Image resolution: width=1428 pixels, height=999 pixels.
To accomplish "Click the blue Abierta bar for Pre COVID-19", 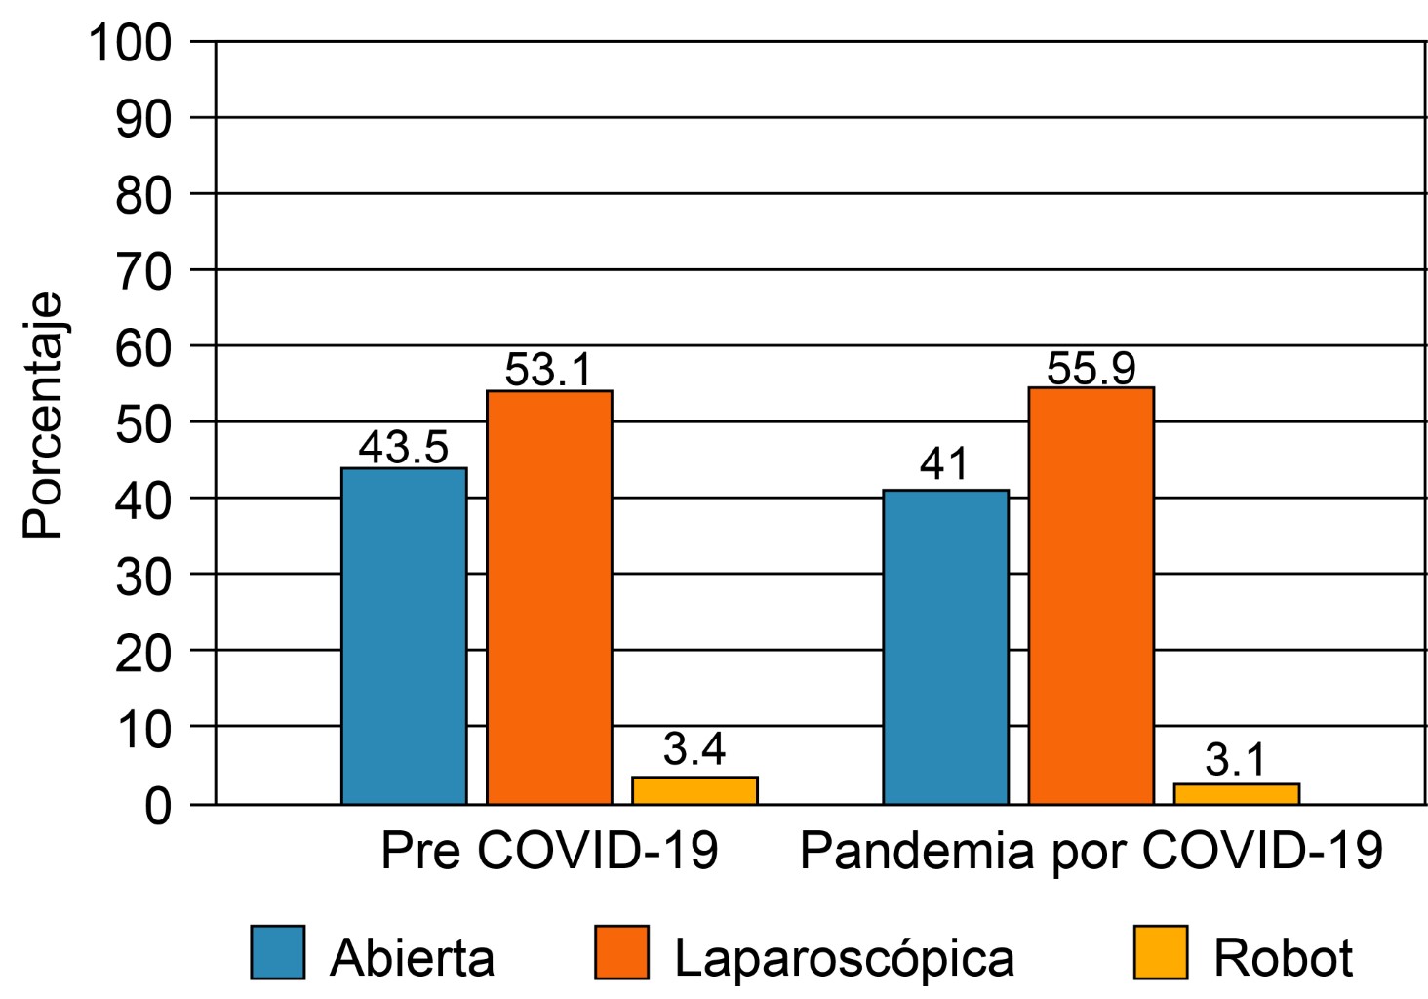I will point(404,635).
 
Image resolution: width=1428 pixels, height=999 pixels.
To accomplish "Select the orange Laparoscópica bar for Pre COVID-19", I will point(549,597).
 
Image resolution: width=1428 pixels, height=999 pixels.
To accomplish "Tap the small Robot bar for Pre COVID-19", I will point(694,790).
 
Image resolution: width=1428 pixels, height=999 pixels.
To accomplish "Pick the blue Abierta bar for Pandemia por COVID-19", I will point(945,646).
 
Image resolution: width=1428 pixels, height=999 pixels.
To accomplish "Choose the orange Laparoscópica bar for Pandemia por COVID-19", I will point(1091,595).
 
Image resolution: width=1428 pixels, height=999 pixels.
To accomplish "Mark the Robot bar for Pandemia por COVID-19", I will point(1236,794).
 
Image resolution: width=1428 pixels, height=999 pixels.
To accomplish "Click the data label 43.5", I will point(404,448).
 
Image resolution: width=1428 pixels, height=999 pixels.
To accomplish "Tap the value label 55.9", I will point(1091,368).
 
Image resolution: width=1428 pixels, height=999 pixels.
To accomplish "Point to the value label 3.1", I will point(1236,760).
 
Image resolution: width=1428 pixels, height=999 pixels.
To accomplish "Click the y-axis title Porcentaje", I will point(43,415).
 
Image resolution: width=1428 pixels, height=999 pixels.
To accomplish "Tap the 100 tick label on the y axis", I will point(130,43).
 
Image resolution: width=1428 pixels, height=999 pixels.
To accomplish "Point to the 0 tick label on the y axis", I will point(157,807).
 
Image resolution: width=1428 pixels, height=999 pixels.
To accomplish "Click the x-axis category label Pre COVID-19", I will point(549,851).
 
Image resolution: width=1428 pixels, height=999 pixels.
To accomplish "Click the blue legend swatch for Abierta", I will point(278,952).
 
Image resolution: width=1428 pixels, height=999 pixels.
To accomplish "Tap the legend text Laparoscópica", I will point(845,958).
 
